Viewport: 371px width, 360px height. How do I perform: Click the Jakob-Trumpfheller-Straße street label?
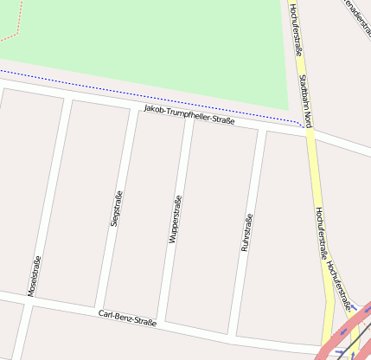(x=189, y=115)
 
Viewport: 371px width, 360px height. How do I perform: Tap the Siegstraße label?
(x=116, y=209)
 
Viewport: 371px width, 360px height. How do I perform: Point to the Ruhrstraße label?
(x=246, y=233)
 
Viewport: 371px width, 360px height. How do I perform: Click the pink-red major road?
(x=346, y=337)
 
